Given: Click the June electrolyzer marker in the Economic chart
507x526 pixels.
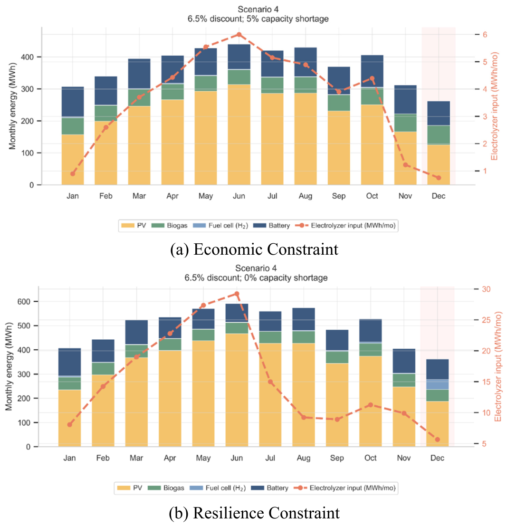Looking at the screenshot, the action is (239, 35).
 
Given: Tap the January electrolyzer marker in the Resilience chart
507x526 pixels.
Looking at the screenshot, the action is (70, 424).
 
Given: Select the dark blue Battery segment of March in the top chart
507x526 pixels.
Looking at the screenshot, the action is (139, 74).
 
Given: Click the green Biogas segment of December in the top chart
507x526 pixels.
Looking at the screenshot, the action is (439, 135).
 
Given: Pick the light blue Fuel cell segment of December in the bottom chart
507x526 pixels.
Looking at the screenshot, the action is (438, 384).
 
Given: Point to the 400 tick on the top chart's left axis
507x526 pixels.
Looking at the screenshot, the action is (27, 57).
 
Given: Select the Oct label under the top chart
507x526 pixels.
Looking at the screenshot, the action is (372, 196).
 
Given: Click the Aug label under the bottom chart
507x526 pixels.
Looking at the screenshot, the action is (304, 458).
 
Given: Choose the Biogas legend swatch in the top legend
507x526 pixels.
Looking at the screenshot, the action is (158, 225).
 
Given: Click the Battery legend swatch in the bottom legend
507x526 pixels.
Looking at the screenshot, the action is (258, 488).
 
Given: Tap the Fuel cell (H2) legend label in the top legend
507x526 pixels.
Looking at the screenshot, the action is (228, 225).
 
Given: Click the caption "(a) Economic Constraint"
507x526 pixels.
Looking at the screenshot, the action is (254, 249).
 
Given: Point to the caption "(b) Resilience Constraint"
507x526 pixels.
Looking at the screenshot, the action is (254, 513).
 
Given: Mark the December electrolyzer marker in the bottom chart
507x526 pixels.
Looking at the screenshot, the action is (438, 440).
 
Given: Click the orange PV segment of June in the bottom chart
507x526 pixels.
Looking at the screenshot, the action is (237, 390).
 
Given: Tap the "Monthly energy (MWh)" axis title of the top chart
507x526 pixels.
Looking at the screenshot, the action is (12, 106).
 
